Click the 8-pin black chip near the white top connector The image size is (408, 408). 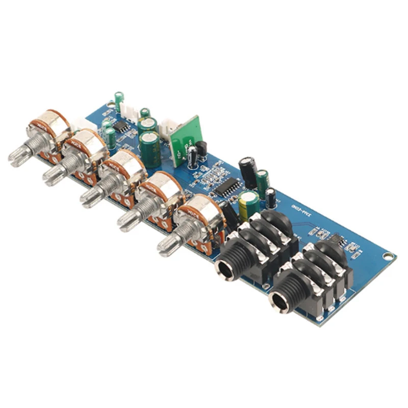click(121, 125)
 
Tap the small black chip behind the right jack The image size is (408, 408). click(337, 239)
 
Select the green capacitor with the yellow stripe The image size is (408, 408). click(248, 204)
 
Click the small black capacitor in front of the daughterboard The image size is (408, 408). click(193, 158)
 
